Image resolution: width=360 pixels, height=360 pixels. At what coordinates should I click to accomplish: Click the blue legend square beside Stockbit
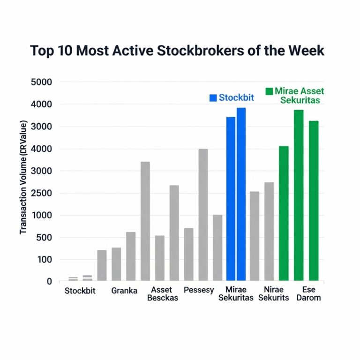coord(213,98)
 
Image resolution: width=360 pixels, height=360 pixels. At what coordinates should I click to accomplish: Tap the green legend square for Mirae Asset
coord(269,91)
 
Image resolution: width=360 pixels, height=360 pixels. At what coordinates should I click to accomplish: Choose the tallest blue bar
coord(241,194)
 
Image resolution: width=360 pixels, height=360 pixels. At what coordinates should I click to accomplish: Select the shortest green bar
coord(284,213)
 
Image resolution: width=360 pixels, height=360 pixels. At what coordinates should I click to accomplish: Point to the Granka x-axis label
coord(124,291)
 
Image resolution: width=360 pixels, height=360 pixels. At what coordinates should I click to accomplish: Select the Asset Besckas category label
coord(162,294)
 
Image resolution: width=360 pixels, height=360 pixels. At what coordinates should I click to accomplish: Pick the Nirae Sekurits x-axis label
coord(274,294)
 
